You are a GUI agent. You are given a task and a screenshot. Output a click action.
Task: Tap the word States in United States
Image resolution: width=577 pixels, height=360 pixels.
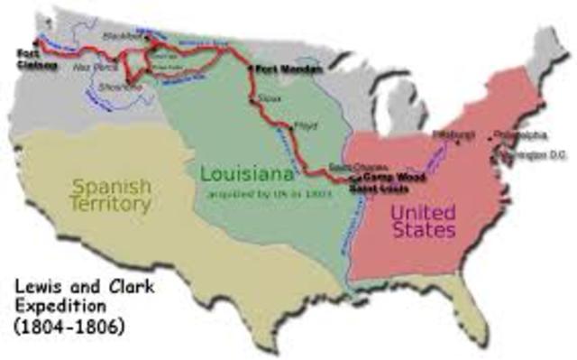[424, 231]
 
